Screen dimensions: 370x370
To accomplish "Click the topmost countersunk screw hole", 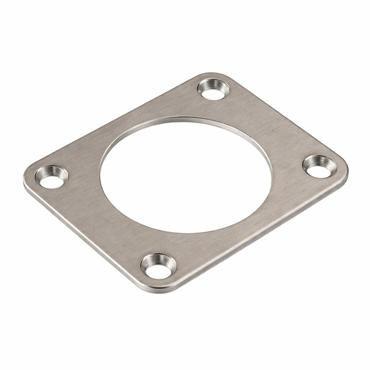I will tap(214, 89).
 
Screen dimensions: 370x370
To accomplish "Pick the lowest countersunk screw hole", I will tap(158, 266).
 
